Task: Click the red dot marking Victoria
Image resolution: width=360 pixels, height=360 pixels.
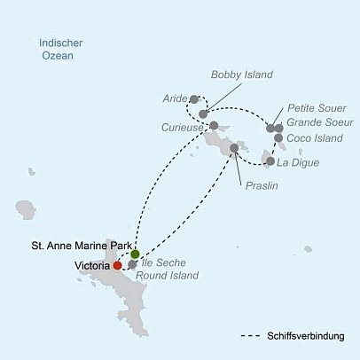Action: tap(117, 264)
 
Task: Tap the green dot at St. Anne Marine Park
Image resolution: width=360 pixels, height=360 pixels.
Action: tap(135, 254)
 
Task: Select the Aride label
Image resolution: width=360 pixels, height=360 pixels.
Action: tap(175, 98)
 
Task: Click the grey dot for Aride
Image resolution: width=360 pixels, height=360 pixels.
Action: tap(194, 98)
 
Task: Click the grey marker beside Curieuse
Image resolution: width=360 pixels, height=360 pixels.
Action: tap(214, 125)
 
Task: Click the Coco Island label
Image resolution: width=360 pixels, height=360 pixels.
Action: tap(314, 138)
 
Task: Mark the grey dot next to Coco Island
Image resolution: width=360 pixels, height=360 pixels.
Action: tap(278, 138)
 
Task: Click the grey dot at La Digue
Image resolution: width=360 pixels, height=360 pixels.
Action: tap(270, 161)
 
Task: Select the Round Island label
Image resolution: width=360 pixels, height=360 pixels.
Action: tap(173, 275)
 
